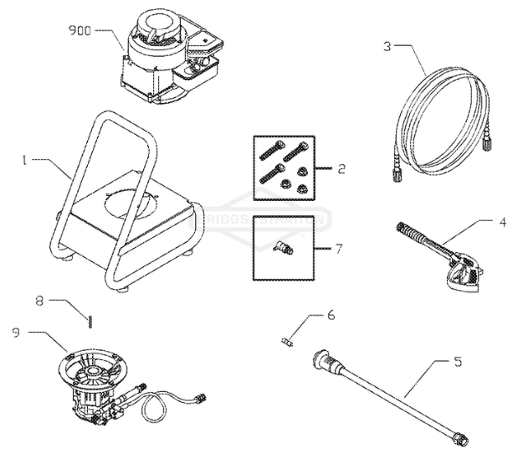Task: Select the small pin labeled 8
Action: [x=90, y=317]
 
